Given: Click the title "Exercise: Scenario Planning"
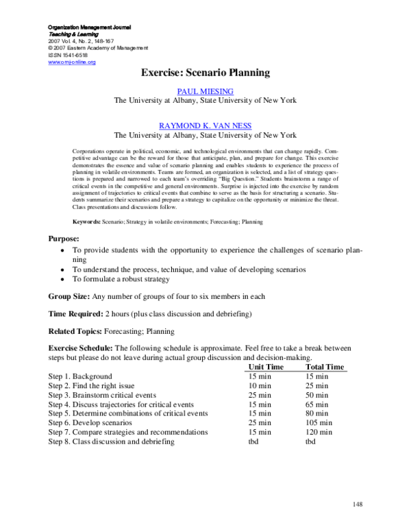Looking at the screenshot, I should [x=206, y=73].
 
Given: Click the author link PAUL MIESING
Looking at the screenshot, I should [x=206, y=90].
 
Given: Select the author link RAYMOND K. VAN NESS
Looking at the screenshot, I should [x=206, y=126].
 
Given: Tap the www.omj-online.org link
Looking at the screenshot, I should [x=72, y=62].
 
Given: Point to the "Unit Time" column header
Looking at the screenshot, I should [x=264, y=367].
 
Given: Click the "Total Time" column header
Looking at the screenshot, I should [x=325, y=367].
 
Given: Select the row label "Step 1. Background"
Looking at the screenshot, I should [x=80, y=376].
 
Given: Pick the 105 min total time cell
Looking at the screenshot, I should [x=320, y=423].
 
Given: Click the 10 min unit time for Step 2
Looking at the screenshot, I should [x=260, y=386].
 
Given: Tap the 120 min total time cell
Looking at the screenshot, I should [x=320, y=433].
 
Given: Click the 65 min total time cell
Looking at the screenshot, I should [x=318, y=404].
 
